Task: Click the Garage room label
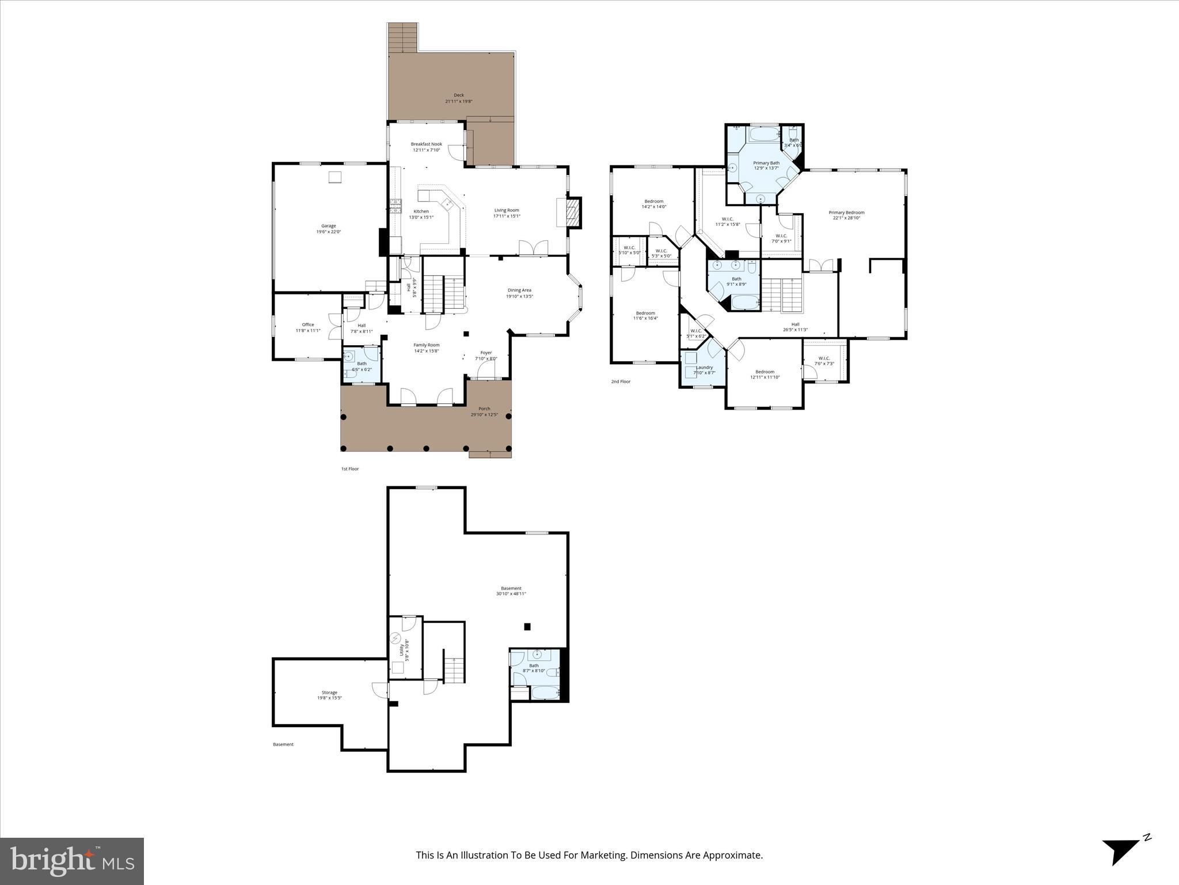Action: (x=328, y=226)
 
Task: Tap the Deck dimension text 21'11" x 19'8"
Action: (x=458, y=101)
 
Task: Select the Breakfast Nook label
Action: (x=426, y=144)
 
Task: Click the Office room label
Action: (x=308, y=324)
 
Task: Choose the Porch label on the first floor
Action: (x=484, y=409)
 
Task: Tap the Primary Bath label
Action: (x=766, y=163)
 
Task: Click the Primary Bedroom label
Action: (x=846, y=213)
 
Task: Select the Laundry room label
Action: (x=704, y=367)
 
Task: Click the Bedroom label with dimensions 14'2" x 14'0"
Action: (x=653, y=201)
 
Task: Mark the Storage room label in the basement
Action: (x=329, y=693)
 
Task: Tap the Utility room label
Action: (x=402, y=650)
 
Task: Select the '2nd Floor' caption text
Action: (x=621, y=381)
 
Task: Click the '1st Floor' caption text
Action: (x=349, y=469)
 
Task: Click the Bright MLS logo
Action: (x=72, y=861)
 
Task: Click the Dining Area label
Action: (x=519, y=290)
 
